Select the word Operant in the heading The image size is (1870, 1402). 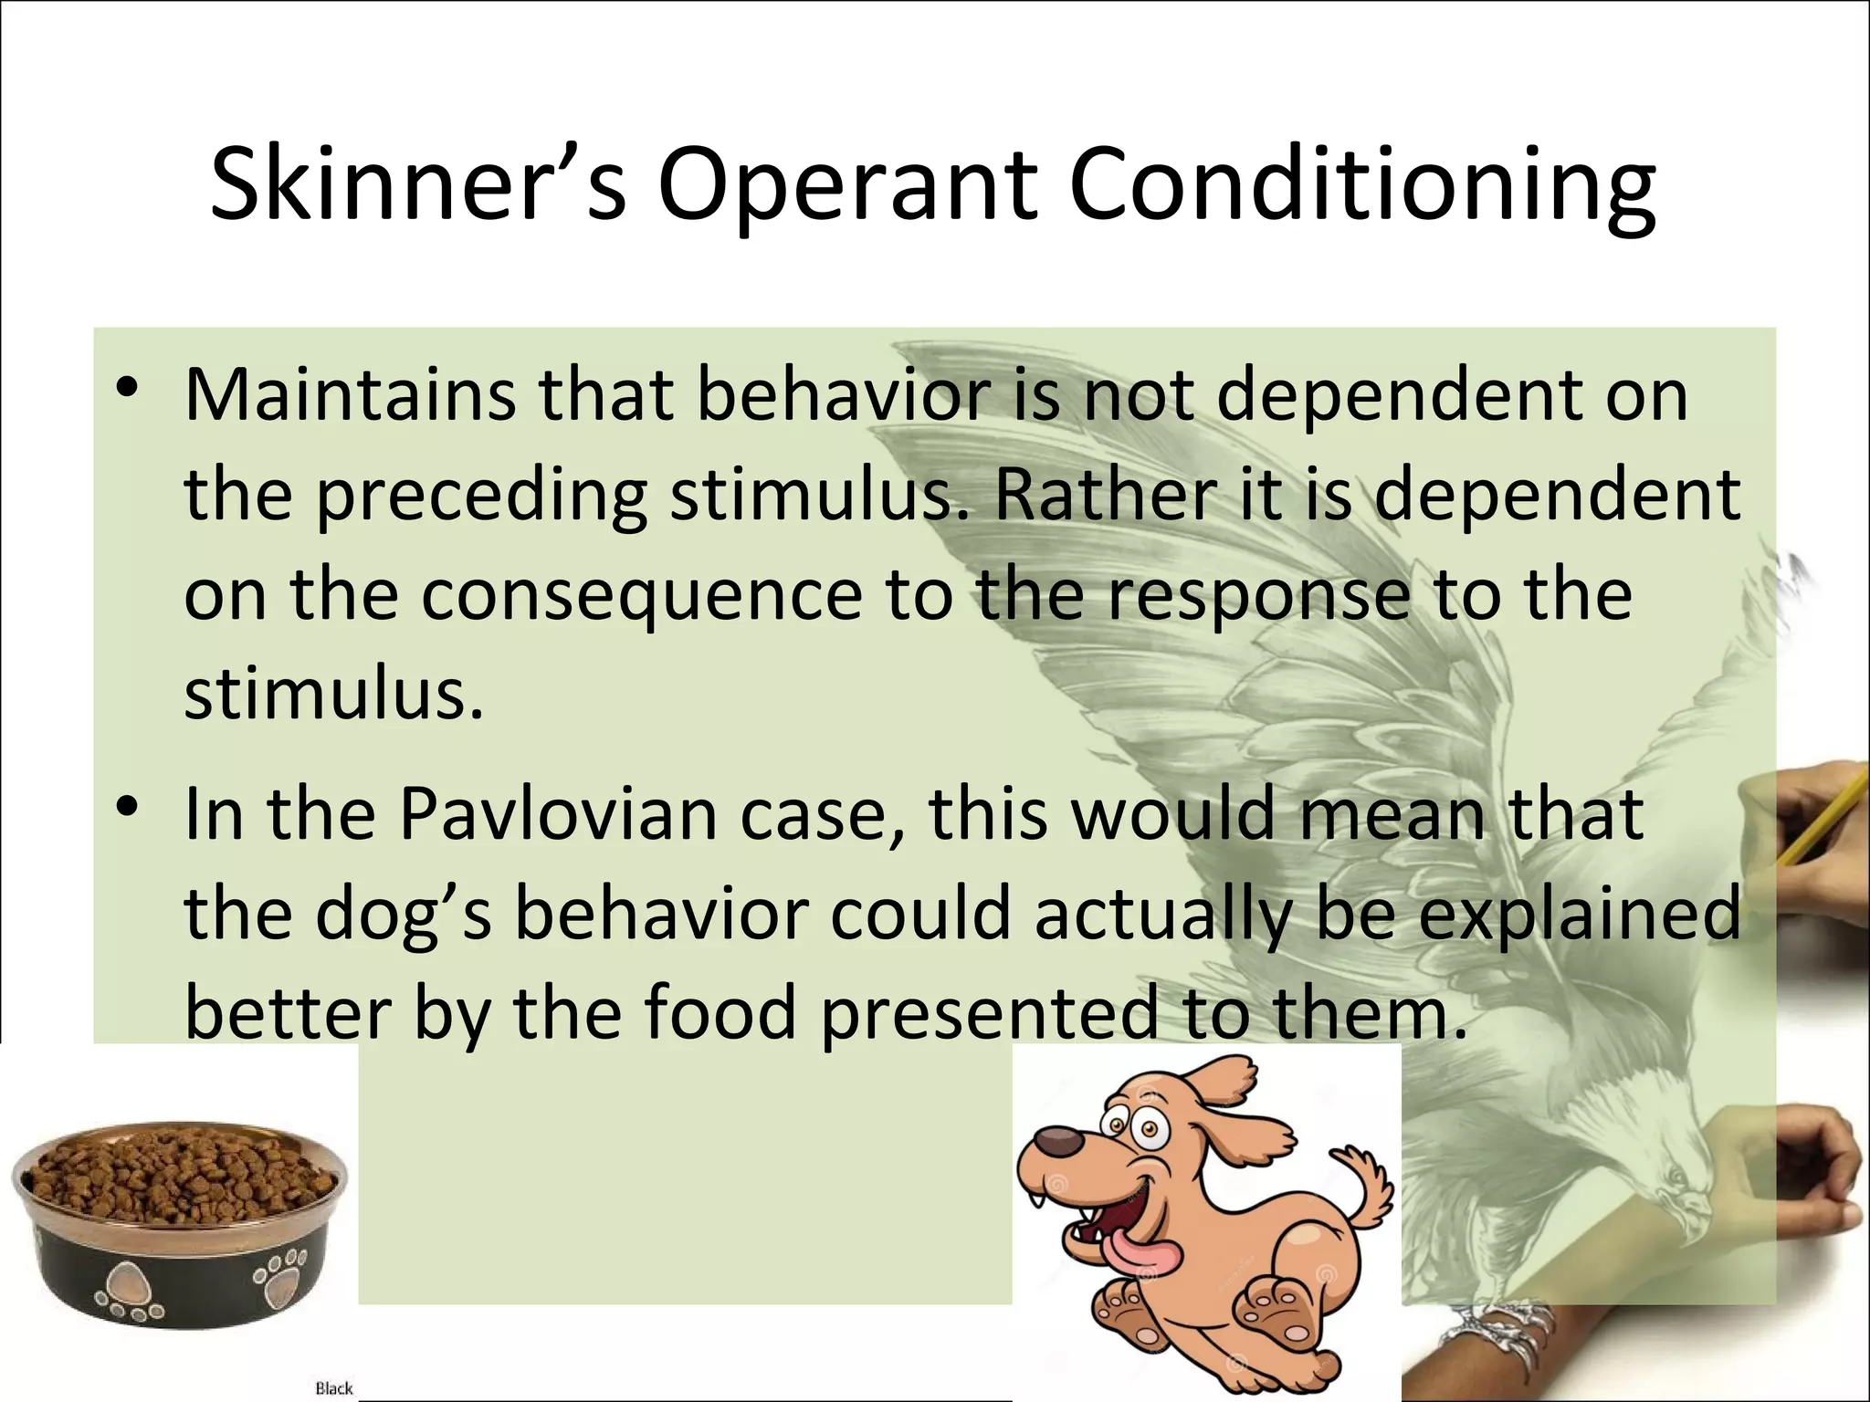(x=846, y=187)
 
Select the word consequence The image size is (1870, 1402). (x=642, y=596)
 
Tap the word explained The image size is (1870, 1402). (x=1580, y=915)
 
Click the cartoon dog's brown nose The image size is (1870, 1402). (x=1058, y=1141)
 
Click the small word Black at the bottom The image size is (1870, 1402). (x=333, y=1387)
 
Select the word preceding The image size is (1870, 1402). (x=481, y=497)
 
